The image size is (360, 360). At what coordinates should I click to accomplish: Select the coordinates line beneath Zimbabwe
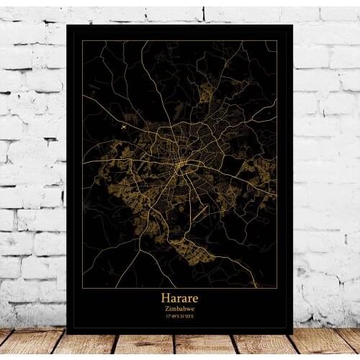(x=180, y=315)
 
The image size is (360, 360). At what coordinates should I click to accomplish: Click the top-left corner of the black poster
(x=66, y=24)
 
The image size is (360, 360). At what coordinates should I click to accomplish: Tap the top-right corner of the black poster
(x=293, y=24)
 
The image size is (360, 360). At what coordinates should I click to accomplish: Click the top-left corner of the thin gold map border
(x=82, y=41)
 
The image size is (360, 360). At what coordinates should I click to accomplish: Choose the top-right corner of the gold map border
(x=277, y=41)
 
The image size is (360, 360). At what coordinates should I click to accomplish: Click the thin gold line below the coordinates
(x=180, y=320)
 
